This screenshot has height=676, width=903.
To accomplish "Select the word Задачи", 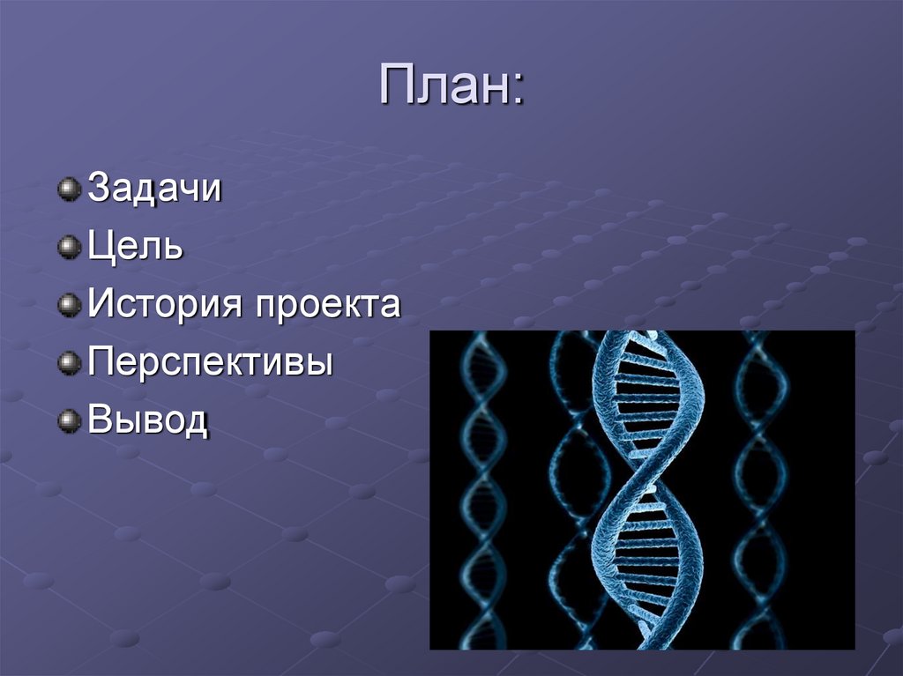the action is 154,188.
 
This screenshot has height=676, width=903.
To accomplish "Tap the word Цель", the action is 135,247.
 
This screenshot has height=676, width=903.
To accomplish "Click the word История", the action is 165,303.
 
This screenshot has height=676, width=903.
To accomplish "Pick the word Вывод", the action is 147,420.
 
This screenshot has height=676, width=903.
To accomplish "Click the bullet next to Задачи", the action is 69,189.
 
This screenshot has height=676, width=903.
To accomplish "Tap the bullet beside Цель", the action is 69,247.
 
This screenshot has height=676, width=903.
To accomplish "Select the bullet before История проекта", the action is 69,305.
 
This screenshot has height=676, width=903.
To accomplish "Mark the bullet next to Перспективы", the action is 69,363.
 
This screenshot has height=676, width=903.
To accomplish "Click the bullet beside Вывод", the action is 69,421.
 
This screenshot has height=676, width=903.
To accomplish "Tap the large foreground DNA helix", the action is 648,489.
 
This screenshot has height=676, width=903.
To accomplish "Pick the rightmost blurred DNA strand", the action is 761,489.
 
